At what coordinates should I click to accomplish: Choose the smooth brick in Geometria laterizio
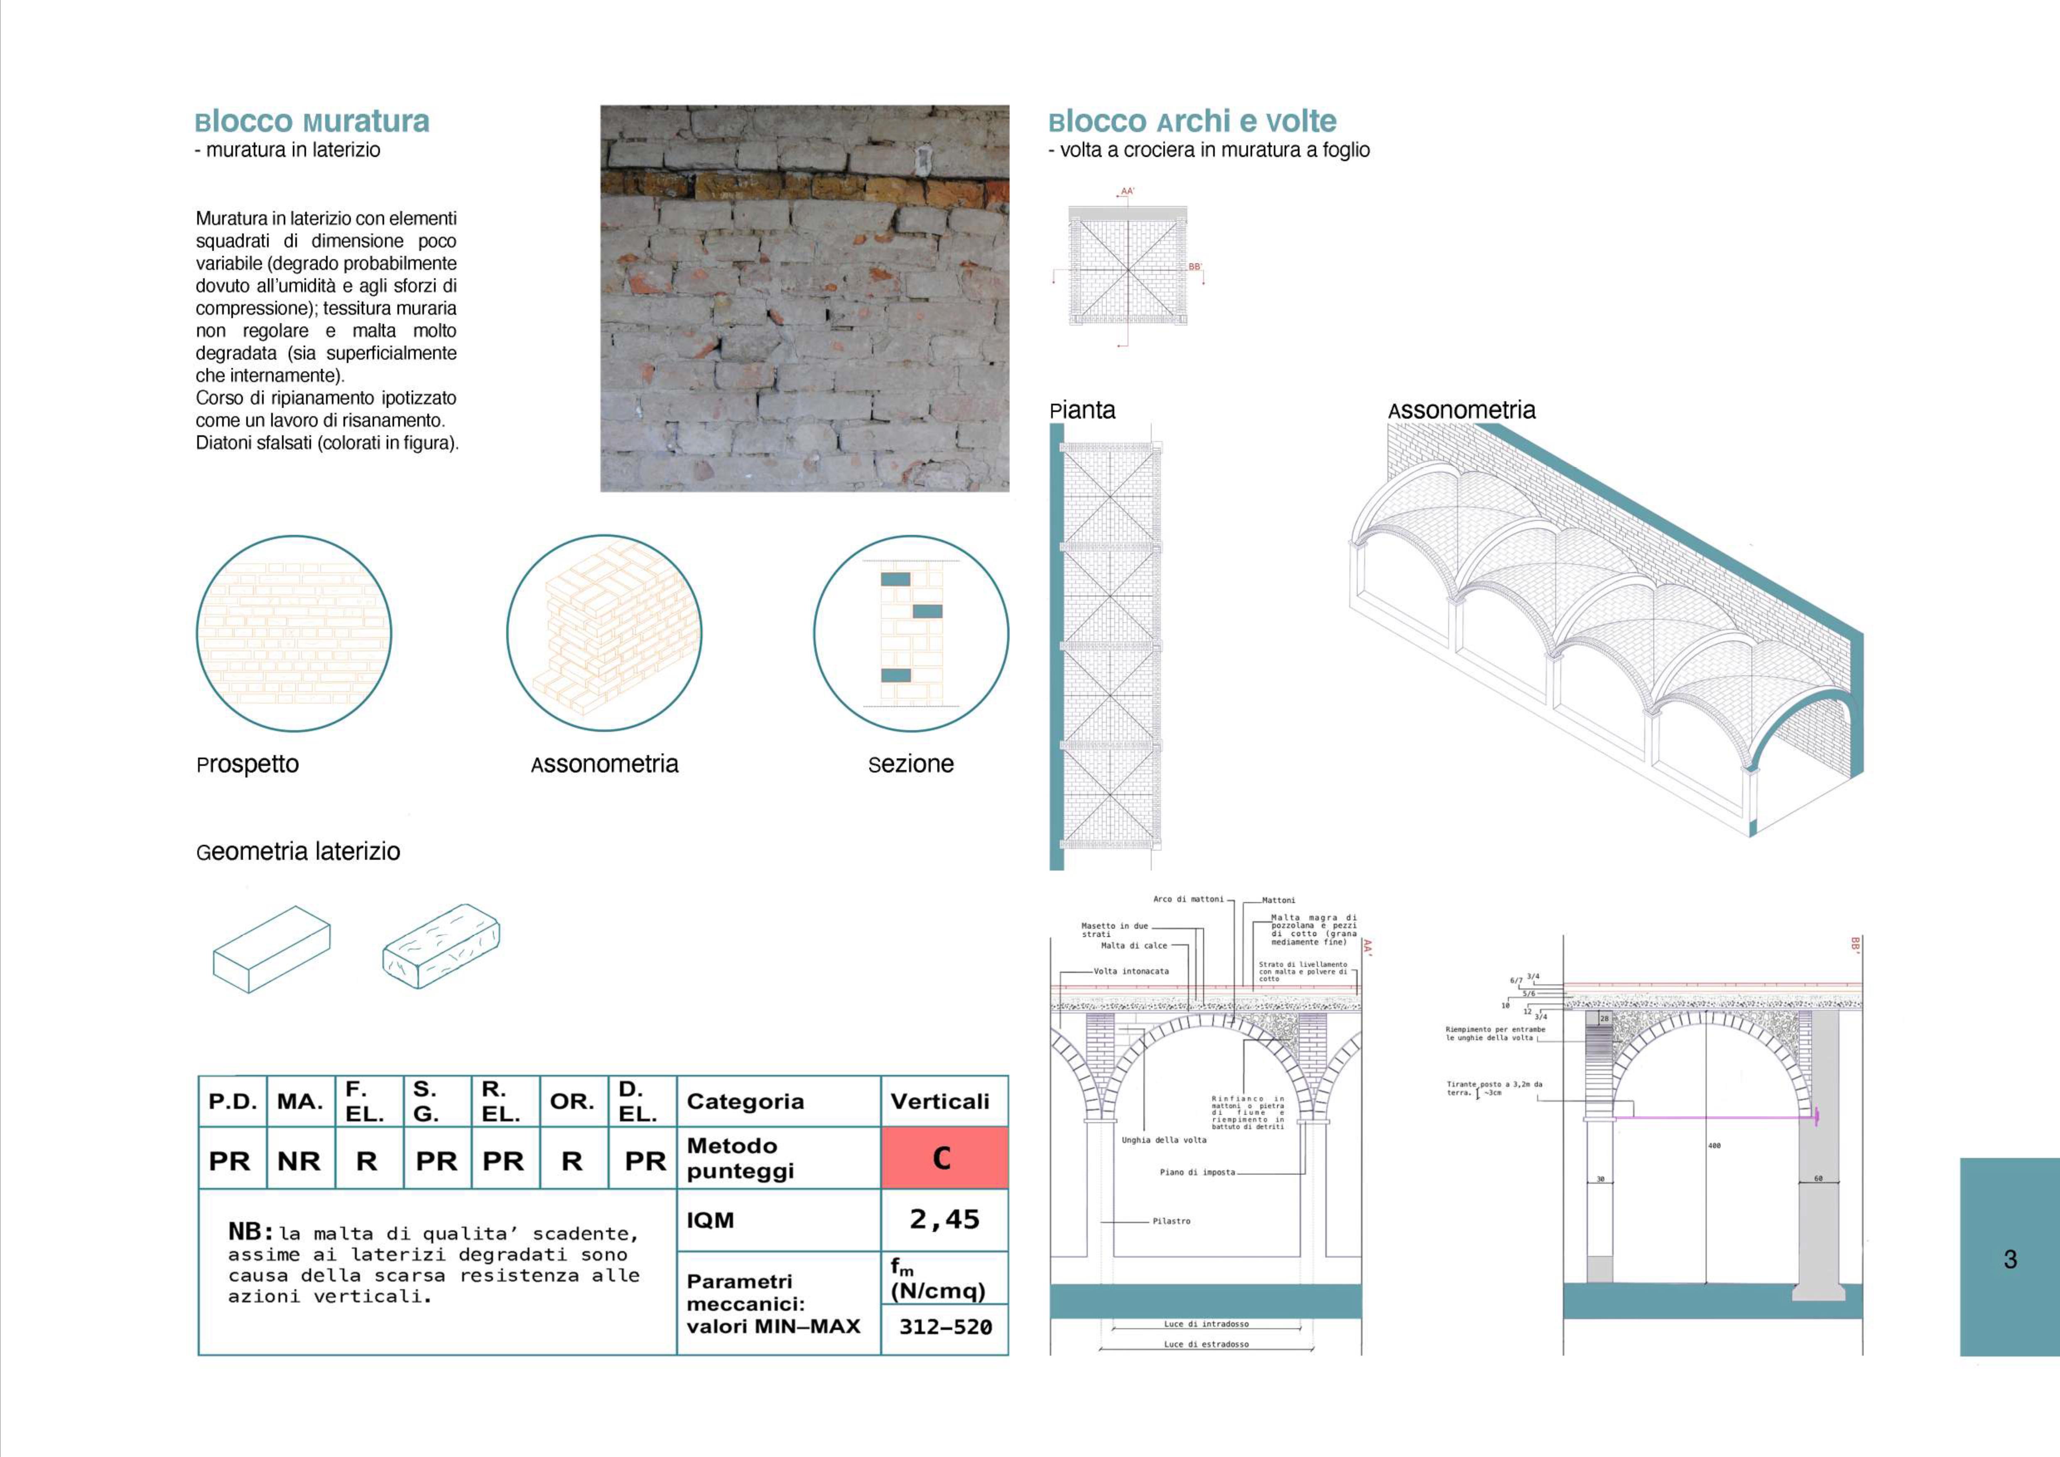[271, 949]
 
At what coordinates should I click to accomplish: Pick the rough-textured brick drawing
[441, 947]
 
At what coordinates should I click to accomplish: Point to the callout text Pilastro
[1171, 1221]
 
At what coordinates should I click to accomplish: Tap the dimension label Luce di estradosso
[1206, 1344]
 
